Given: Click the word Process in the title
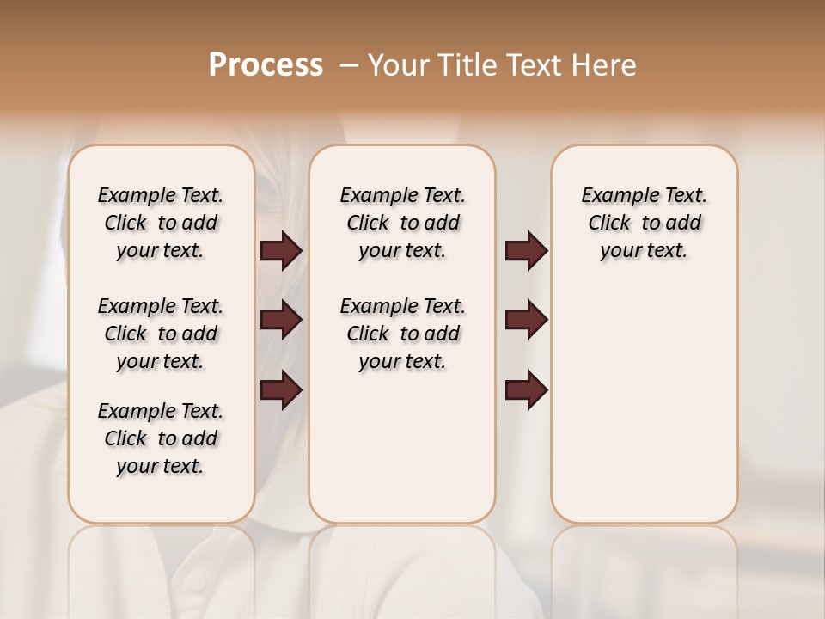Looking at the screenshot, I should [x=266, y=65].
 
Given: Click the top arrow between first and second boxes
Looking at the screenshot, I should [x=281, y=251].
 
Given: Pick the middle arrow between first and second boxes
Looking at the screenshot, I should [x=281, y=321].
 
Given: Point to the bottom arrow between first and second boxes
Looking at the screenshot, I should [x=281, y=390].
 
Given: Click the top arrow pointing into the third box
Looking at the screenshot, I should [x=526, y=251].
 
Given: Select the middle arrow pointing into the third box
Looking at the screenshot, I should [x=526, y=321].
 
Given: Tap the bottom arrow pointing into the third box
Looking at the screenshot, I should [x=526, y=390].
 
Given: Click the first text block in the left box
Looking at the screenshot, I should [x=161, y=223].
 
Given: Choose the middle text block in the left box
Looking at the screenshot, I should [x=161, y=334].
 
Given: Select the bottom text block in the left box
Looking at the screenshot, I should [x=161, y=438].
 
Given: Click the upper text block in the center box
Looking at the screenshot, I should [x=402, y=223].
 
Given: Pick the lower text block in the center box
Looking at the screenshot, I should [x=402, y=334].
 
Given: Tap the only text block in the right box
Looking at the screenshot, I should [x=644, y=223].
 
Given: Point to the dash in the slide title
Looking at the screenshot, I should [x=348, y=65].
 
